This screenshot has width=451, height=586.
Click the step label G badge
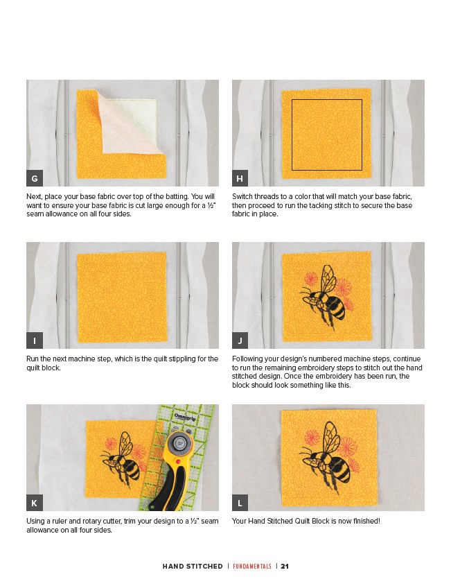35,178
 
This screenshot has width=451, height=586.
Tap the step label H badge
240,178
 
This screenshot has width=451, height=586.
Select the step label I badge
35,341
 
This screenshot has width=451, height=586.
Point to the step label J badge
240,341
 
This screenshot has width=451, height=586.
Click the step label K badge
35,503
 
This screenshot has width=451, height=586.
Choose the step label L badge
240,503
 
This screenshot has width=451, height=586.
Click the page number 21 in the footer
285,566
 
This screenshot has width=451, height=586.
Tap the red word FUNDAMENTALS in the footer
252,566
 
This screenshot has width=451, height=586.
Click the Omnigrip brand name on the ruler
185,417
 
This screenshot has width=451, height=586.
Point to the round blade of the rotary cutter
179,443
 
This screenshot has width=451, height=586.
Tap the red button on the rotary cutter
178,463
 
